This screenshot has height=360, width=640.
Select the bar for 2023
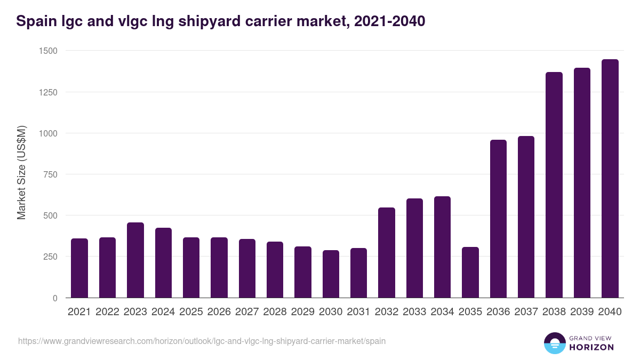135,260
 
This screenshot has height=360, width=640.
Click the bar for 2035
470,273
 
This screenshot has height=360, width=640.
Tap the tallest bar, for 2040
610,179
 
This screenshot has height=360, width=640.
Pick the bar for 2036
498,219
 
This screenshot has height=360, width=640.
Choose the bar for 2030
331,274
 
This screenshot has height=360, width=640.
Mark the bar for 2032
387,253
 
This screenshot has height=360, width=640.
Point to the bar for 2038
554,185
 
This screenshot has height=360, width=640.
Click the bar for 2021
79,268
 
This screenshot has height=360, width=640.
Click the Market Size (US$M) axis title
21,172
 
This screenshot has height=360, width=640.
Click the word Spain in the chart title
34,21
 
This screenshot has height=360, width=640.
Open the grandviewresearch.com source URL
202,341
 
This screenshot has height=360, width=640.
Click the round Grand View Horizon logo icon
554,343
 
